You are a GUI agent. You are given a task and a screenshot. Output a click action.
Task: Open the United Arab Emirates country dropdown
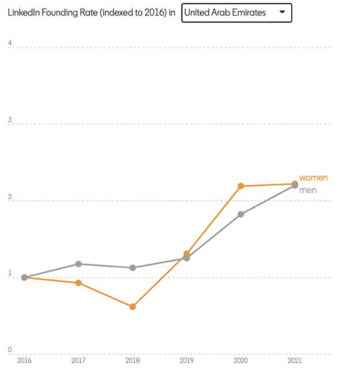click(236, 13)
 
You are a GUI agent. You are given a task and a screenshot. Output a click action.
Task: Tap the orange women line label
click(313, 178)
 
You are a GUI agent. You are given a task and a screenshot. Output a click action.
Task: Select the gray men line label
click(308, 190)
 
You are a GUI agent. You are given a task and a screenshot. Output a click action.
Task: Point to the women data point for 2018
click(132, 307)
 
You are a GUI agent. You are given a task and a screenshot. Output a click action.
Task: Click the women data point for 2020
click(241, 186)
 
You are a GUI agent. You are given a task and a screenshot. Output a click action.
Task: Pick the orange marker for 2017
click(78, 282)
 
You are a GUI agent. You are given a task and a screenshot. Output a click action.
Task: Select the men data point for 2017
click(78, 264)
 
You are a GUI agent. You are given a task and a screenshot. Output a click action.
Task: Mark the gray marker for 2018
click(132, 267)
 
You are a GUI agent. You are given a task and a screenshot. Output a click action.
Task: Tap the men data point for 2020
click(241, 214)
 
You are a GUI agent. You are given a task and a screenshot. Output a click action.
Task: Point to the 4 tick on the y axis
click(10, 44)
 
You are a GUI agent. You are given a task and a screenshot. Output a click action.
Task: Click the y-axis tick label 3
click(10, 120)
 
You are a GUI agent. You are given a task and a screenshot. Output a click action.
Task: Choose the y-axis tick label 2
click(10, 197)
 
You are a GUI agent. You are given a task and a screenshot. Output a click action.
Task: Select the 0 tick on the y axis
click(10, 350)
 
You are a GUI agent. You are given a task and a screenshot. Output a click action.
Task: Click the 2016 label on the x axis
click(24, 361)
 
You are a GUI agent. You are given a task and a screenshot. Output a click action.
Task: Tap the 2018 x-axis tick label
click(132, 361)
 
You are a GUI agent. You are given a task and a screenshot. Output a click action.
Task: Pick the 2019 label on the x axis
click(186, 361)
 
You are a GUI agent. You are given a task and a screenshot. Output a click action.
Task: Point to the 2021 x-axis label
click(294, 361)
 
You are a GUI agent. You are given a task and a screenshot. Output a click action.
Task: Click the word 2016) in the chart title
click(154, 13)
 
